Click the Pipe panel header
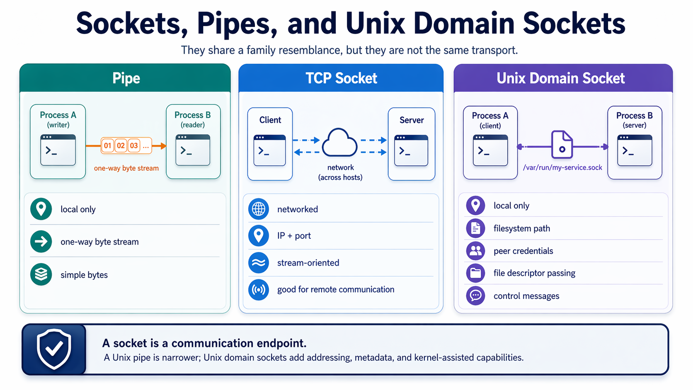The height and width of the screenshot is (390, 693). [126, 78]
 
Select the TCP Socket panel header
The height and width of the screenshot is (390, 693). [341, 78]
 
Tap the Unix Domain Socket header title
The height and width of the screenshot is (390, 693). [560, 78]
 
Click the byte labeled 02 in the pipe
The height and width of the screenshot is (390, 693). [121, 145]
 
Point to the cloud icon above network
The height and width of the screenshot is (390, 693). [340, 143]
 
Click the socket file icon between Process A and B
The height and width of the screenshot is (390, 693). [562, 145]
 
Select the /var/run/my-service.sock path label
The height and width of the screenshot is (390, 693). [562, 167]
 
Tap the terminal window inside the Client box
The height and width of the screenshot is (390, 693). [270, 150]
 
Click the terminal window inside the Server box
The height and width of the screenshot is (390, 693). [411, 150]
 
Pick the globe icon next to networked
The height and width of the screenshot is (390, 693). [259, 209]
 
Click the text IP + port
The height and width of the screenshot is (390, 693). [294, 236]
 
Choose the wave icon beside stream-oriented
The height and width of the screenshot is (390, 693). [259, 263]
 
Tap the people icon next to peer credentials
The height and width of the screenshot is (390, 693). [475, 251]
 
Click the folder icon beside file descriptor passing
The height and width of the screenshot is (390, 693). [475, 273]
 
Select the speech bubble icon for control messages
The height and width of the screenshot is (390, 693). [475, 296]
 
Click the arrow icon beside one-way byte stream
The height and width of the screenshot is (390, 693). [41, 242]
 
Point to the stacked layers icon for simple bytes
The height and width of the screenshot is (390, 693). [41, 274]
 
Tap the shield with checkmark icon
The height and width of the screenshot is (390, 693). [54, 349]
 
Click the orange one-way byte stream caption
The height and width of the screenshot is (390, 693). [126, 168]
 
